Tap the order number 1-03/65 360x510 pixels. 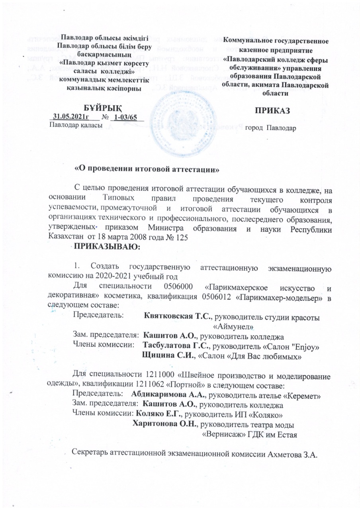[125, 117]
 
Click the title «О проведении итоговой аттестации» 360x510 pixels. [148, 169]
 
